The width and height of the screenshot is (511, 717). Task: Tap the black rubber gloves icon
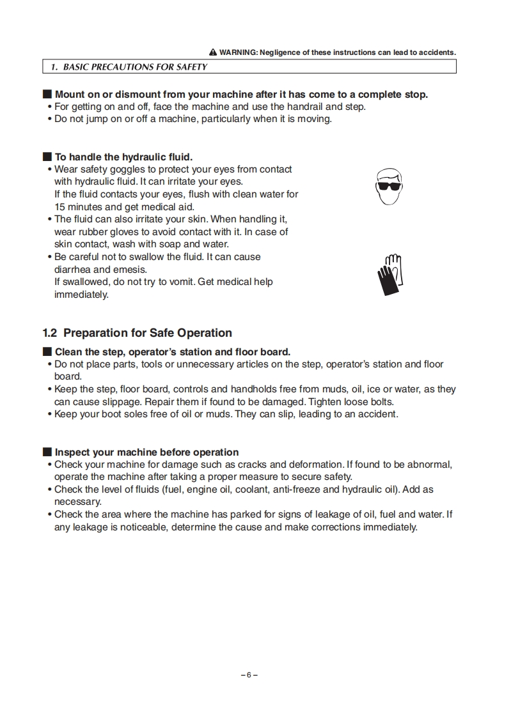(389, 275)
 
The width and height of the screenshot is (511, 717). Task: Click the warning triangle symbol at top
(213, 52)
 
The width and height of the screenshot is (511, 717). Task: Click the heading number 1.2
(50, 333)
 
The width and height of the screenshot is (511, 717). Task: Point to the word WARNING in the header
(238, 52)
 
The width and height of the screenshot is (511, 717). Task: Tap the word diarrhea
(74, 270)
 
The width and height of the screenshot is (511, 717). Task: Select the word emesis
(130, 270)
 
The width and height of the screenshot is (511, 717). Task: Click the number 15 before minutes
(59, 207)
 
